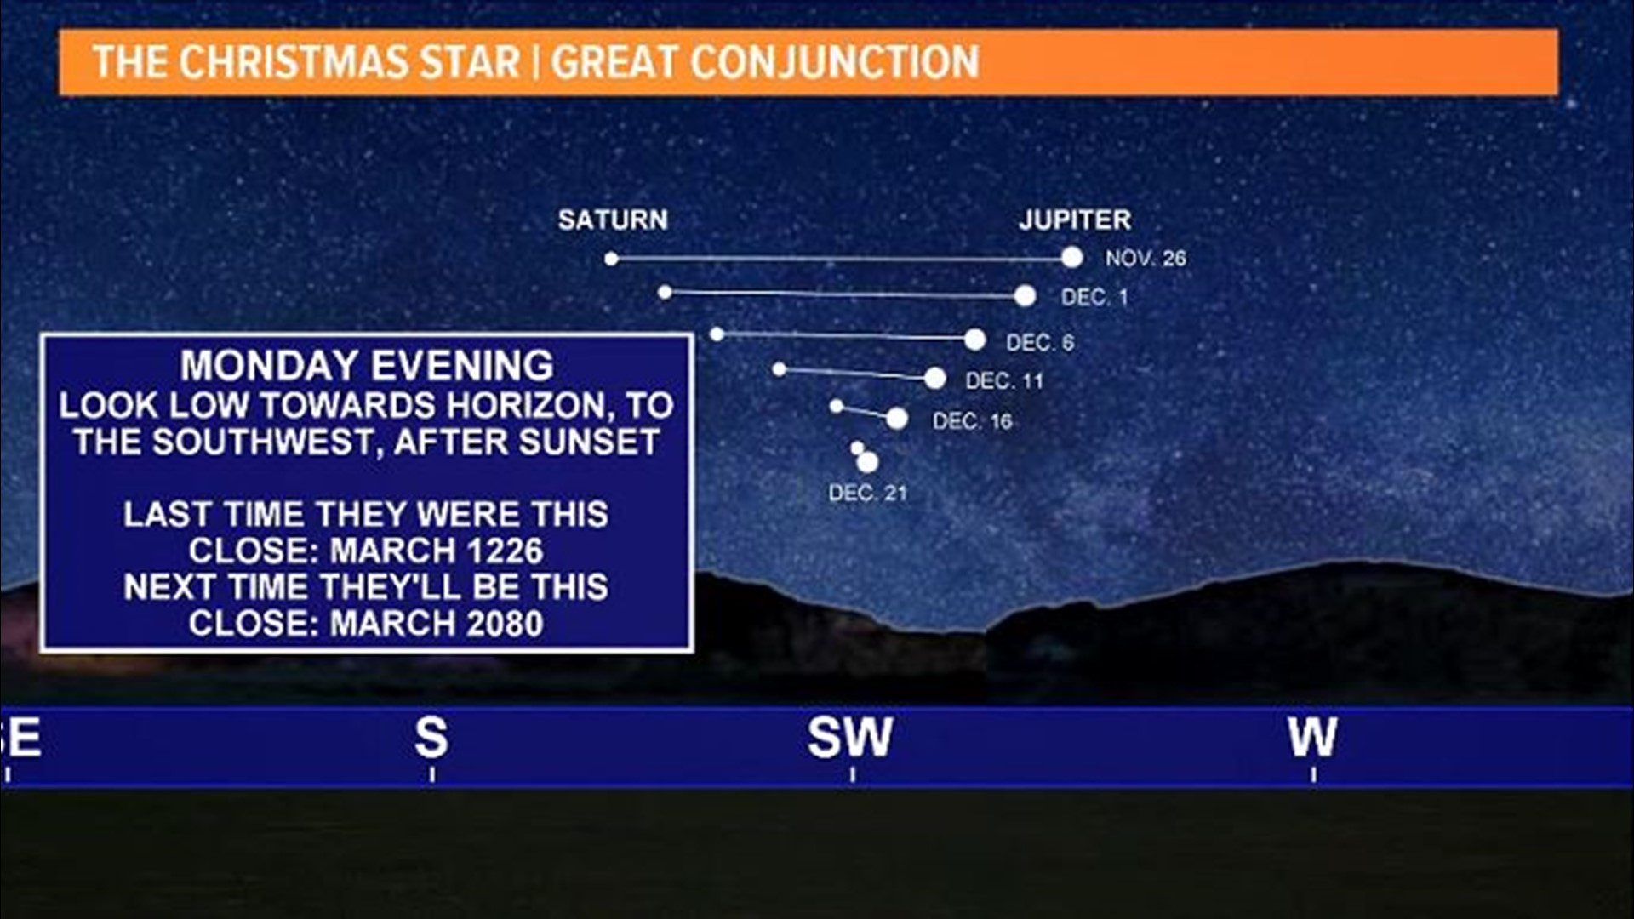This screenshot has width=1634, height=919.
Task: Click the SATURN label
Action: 613,220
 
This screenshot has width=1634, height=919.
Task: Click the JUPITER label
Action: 1075,220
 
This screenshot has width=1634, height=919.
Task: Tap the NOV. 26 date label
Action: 1146,258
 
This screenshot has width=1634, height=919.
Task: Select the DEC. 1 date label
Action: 1094,297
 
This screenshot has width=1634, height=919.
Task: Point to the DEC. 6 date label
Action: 1040,342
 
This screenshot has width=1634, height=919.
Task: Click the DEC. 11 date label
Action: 1004,380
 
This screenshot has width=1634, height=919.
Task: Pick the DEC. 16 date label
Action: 973,420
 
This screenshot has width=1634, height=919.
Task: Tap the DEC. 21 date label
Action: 868,493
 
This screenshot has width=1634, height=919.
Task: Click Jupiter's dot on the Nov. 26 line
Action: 1072,257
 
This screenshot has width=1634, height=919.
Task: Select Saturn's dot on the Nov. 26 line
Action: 611,259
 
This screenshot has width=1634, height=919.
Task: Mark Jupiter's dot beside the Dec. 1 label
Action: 1026,296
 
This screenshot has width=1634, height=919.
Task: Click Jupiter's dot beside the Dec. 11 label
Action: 934,379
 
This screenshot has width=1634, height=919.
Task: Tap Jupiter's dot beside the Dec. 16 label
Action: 897,419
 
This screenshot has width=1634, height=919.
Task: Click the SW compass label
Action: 850,738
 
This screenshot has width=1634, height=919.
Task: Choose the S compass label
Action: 431,738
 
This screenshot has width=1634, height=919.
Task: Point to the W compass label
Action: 1312,738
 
